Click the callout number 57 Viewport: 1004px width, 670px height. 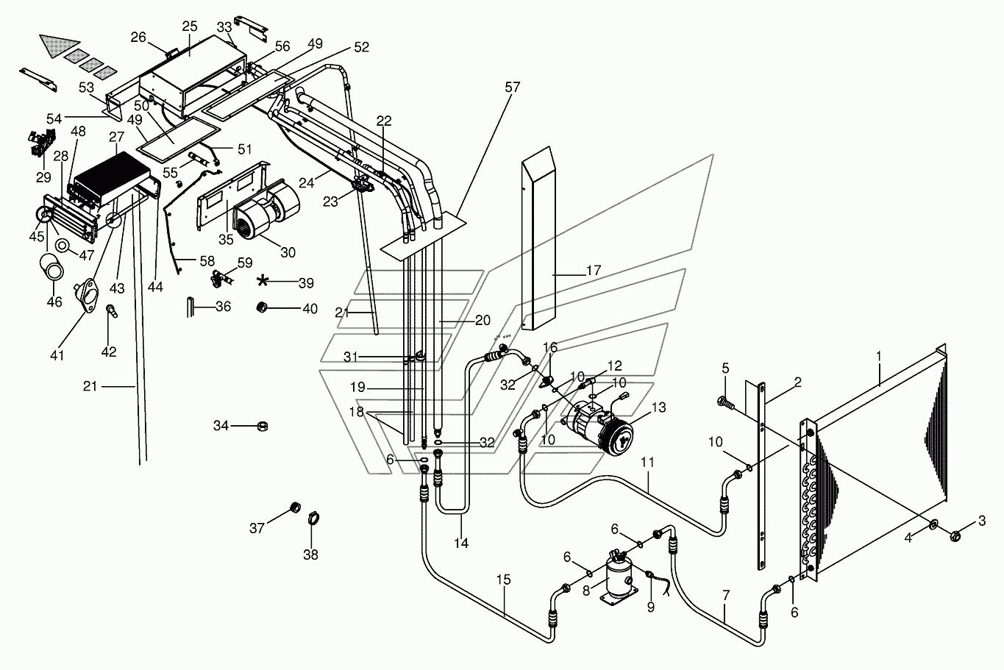(513, 87)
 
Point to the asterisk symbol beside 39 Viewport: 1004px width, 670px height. (263, 282)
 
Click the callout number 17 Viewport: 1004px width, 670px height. (593, 270)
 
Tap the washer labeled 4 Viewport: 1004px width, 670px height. (933, 524)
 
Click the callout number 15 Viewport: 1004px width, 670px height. (503, 580)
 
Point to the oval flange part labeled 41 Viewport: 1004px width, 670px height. (88, 295)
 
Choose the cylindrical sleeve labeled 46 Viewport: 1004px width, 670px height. (52, 266)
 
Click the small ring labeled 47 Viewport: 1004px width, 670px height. (63, 245)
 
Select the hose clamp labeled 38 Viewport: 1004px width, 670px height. (313, 519)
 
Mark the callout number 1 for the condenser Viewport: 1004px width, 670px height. (879, 356)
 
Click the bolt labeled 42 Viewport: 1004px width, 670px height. (111, 311)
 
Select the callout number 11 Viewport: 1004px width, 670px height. (648, 462)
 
